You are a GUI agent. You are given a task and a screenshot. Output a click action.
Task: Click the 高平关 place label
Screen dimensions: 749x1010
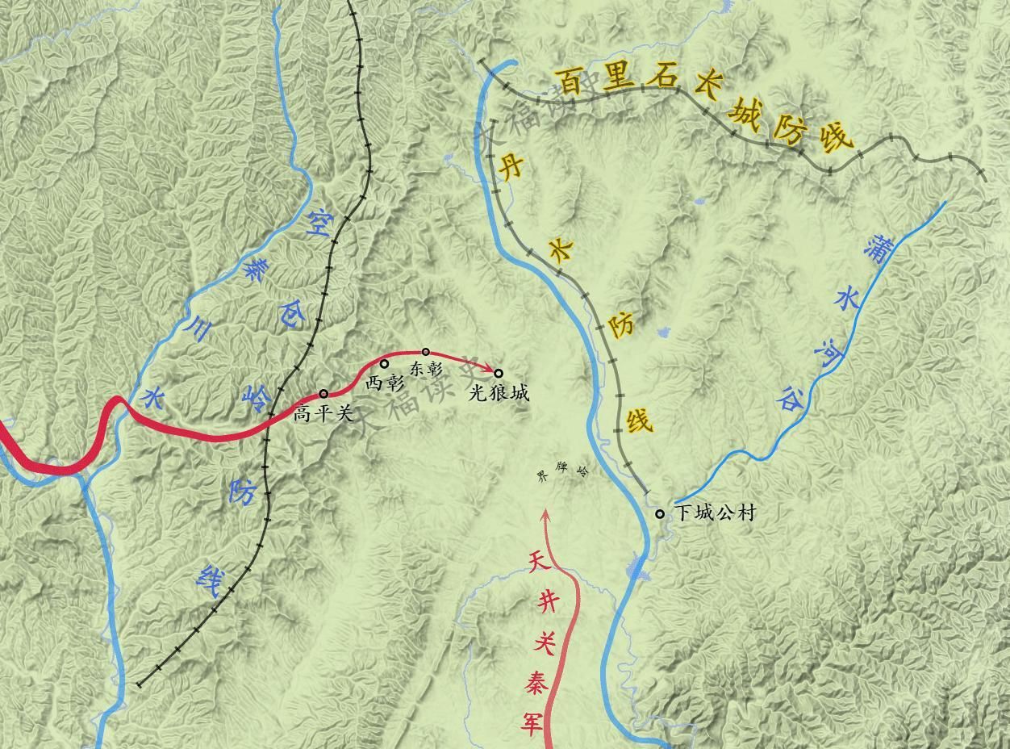(x=323, y=414)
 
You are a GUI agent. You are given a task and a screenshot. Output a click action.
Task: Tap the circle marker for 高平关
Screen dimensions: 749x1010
(x=323, y=394)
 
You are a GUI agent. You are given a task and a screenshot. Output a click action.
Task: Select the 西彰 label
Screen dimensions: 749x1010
(x=385, y=383)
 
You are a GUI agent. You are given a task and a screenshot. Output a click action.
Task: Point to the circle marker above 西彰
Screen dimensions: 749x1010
(x=384, y=364)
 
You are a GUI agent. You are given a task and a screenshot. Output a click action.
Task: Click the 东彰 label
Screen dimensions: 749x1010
(x=427, y=370)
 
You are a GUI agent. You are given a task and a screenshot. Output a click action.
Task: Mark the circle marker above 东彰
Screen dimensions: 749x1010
(x=426, y=352)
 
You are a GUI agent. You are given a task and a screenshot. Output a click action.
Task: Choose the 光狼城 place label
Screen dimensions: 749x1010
(x=499, y=393)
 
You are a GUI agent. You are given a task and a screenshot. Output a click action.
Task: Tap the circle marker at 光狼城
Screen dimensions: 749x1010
(x=499, y=373)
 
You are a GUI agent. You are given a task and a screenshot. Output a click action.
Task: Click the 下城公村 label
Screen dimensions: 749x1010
(x=715, y=513)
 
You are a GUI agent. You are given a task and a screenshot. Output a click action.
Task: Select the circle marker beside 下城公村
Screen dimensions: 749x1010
(x=660, y=513)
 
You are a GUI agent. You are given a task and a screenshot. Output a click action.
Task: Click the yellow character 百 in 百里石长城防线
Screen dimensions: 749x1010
(x=570, y=82)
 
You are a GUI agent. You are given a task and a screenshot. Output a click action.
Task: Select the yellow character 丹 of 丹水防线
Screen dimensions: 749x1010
(x=513, y=167)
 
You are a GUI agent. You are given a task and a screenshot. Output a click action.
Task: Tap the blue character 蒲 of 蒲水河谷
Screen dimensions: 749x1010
(x=874, y=248)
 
